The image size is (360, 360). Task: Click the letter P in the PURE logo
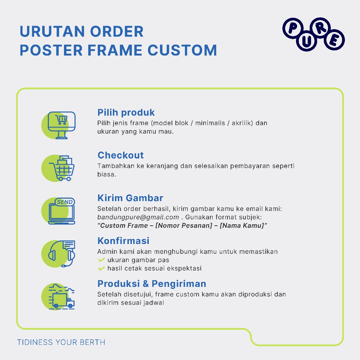pyautogui.click(x=292, y=28)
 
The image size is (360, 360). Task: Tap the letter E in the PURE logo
pyautogui.click(x=334, y=40)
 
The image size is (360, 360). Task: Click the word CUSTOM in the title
pyautogui.click(x=182, y=50)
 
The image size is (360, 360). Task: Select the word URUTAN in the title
pyautogui.click(x=52, y=31)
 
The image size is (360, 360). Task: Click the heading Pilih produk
pyautogui.click(x=126, y=112)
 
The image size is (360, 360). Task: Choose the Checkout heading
pyautogui.click(x=121, y=155)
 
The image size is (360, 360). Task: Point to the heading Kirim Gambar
pyautogui.click(x=130, y=198)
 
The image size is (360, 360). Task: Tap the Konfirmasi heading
pyautogui.click(x=123, y=241)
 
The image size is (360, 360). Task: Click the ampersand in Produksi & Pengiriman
pyautogui.click(x=146, y=284)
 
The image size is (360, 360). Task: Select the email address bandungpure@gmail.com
pyautogui.click(x=138, y=217)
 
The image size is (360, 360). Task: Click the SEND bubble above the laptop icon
pyautogui.click(x=65, y=202)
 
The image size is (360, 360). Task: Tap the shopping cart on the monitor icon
pyautogui.click(x=62, y=120)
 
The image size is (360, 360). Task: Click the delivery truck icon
pyautogui.click(x=62, y=297)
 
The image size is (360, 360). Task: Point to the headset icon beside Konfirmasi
pyautogui.click(x=62, y=254)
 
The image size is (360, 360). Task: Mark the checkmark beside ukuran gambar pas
pyautogui.click(x=101, y=260)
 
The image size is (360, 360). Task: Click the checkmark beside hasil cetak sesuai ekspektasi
pyautogui.click(x=101, y=268)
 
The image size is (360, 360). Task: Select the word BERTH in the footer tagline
pyautogui.click(x=92, y=342)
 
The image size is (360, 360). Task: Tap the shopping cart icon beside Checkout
pyautogui.click(x=62, y=168)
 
